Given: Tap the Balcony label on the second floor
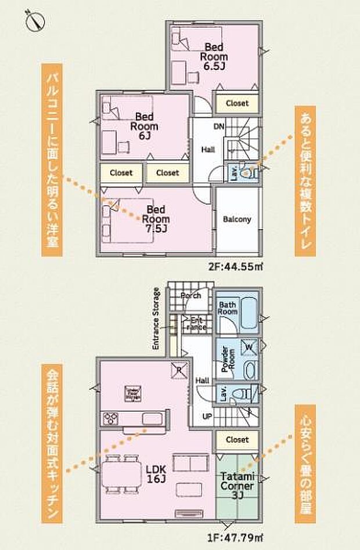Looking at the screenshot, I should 237,219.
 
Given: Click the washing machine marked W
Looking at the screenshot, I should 249,347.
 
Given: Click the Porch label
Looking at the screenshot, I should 190,295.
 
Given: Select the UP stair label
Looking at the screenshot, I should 207,415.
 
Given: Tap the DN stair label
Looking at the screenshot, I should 219,126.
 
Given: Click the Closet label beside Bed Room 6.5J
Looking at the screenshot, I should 237,103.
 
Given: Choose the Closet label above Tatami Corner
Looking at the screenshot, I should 237,439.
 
